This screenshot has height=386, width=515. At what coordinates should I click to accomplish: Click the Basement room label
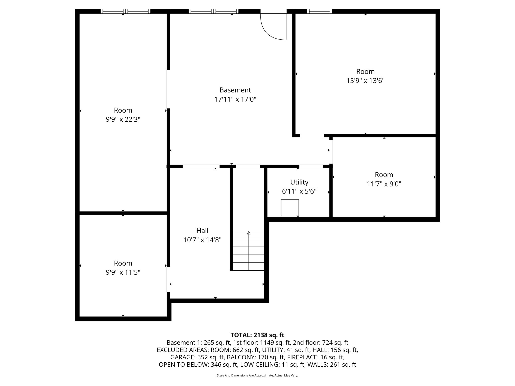(x=235, y=90)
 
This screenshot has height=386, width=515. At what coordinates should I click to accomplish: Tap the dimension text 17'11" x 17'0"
(x=235, y=100)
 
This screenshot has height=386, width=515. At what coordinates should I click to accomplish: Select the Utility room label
(x=299, y=182)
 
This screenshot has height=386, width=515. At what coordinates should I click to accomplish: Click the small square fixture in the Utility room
(x=290, y=208)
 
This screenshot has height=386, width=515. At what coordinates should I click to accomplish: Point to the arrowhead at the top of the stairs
(x=249, y=233)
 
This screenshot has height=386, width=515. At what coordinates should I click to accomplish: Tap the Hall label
(x=202, y=231)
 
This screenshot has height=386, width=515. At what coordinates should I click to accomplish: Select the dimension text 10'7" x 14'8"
(x=202, y=240)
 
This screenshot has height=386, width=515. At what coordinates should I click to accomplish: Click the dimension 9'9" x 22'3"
(x=123, y=120)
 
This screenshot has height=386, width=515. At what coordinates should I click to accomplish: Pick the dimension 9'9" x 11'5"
(x=123, y=273)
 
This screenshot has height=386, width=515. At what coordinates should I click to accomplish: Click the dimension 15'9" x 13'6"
(x=365, y=81)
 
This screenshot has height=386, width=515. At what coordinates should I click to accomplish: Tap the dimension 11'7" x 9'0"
(x=384, y=184)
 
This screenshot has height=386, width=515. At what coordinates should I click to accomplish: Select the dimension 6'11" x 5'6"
(x=299, y=192)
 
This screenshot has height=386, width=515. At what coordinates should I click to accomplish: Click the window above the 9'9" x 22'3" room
(x=125, y=11)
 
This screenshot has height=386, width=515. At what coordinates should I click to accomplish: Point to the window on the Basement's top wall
(x=213, y=11)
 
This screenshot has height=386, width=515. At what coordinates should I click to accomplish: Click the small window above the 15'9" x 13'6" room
(x=319, y=11)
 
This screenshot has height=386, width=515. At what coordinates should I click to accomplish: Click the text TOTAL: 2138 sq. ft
(x=257, y=335)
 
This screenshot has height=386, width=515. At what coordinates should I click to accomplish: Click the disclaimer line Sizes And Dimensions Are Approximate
(x=257, y=375)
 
